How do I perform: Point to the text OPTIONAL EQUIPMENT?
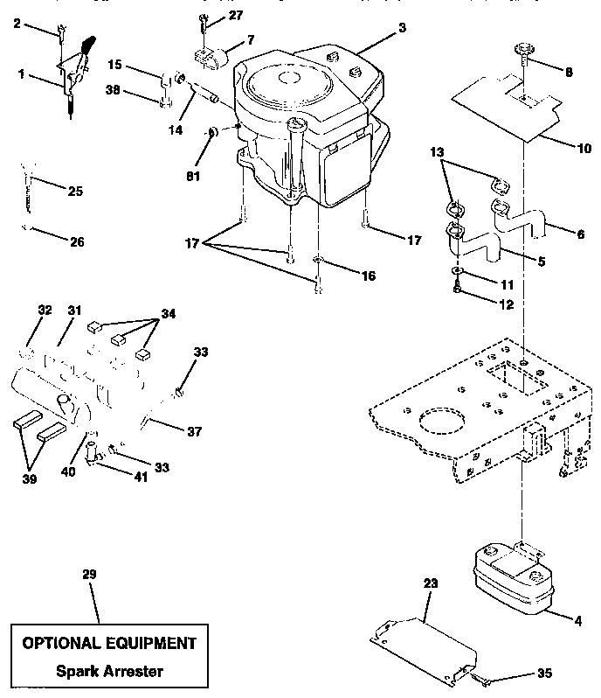(x=109, y=643)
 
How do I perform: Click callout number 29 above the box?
(x=87, y=574)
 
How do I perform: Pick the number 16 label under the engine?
(x=368, y=276)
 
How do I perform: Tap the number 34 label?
(x=166, y=313)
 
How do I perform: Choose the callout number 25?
(x=75, y=191)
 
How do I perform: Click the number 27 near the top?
(x=236, y=15)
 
